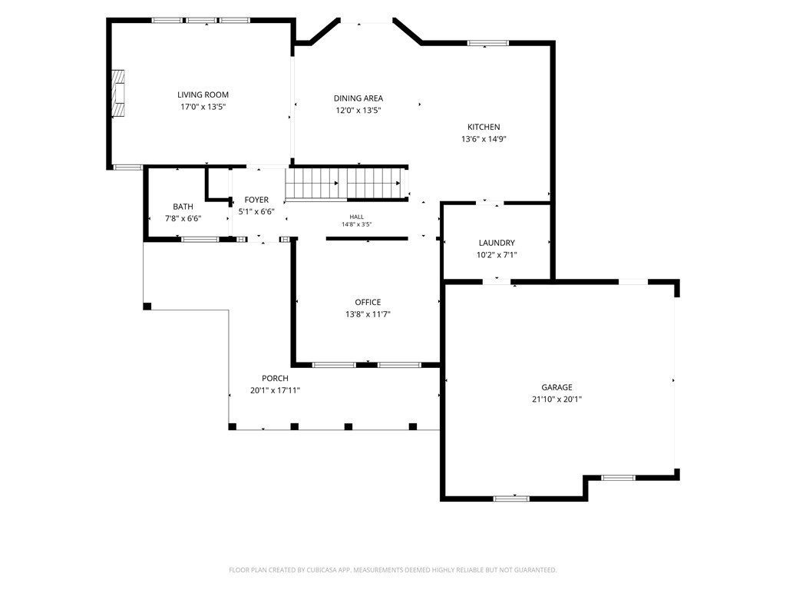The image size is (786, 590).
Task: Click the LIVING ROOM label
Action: (x=203, y=94)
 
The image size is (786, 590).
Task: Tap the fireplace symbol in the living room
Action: (x=117, y=93)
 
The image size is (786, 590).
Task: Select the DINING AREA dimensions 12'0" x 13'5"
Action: (x=358, y=111)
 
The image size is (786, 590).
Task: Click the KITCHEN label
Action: (x=484, y=127)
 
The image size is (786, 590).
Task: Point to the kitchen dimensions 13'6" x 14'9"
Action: (x=484, y=139)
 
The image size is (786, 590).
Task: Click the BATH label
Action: (x=183, y=207)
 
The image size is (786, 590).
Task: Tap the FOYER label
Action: (x=256, y=200)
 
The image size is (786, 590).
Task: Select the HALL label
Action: (x=357, y=217)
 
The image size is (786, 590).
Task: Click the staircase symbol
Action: (x=346, y=184)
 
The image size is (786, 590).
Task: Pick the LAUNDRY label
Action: (x=497, y=243)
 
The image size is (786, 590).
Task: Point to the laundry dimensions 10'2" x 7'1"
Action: (x=497, y=255)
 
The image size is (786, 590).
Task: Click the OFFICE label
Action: (x=368, y=302)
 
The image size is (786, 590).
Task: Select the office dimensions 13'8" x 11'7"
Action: (x=368, y=314)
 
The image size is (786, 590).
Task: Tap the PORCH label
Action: (x=276, y=378)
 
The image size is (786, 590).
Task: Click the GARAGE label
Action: (x=557, y=387)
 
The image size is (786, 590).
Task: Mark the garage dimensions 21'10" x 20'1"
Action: (x=557, y=399)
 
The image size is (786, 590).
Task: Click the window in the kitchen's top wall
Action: (x=487, y=43)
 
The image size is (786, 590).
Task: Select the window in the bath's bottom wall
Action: (x=200, y=240)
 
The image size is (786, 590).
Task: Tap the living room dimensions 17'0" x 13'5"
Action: (x=203, y=107)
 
